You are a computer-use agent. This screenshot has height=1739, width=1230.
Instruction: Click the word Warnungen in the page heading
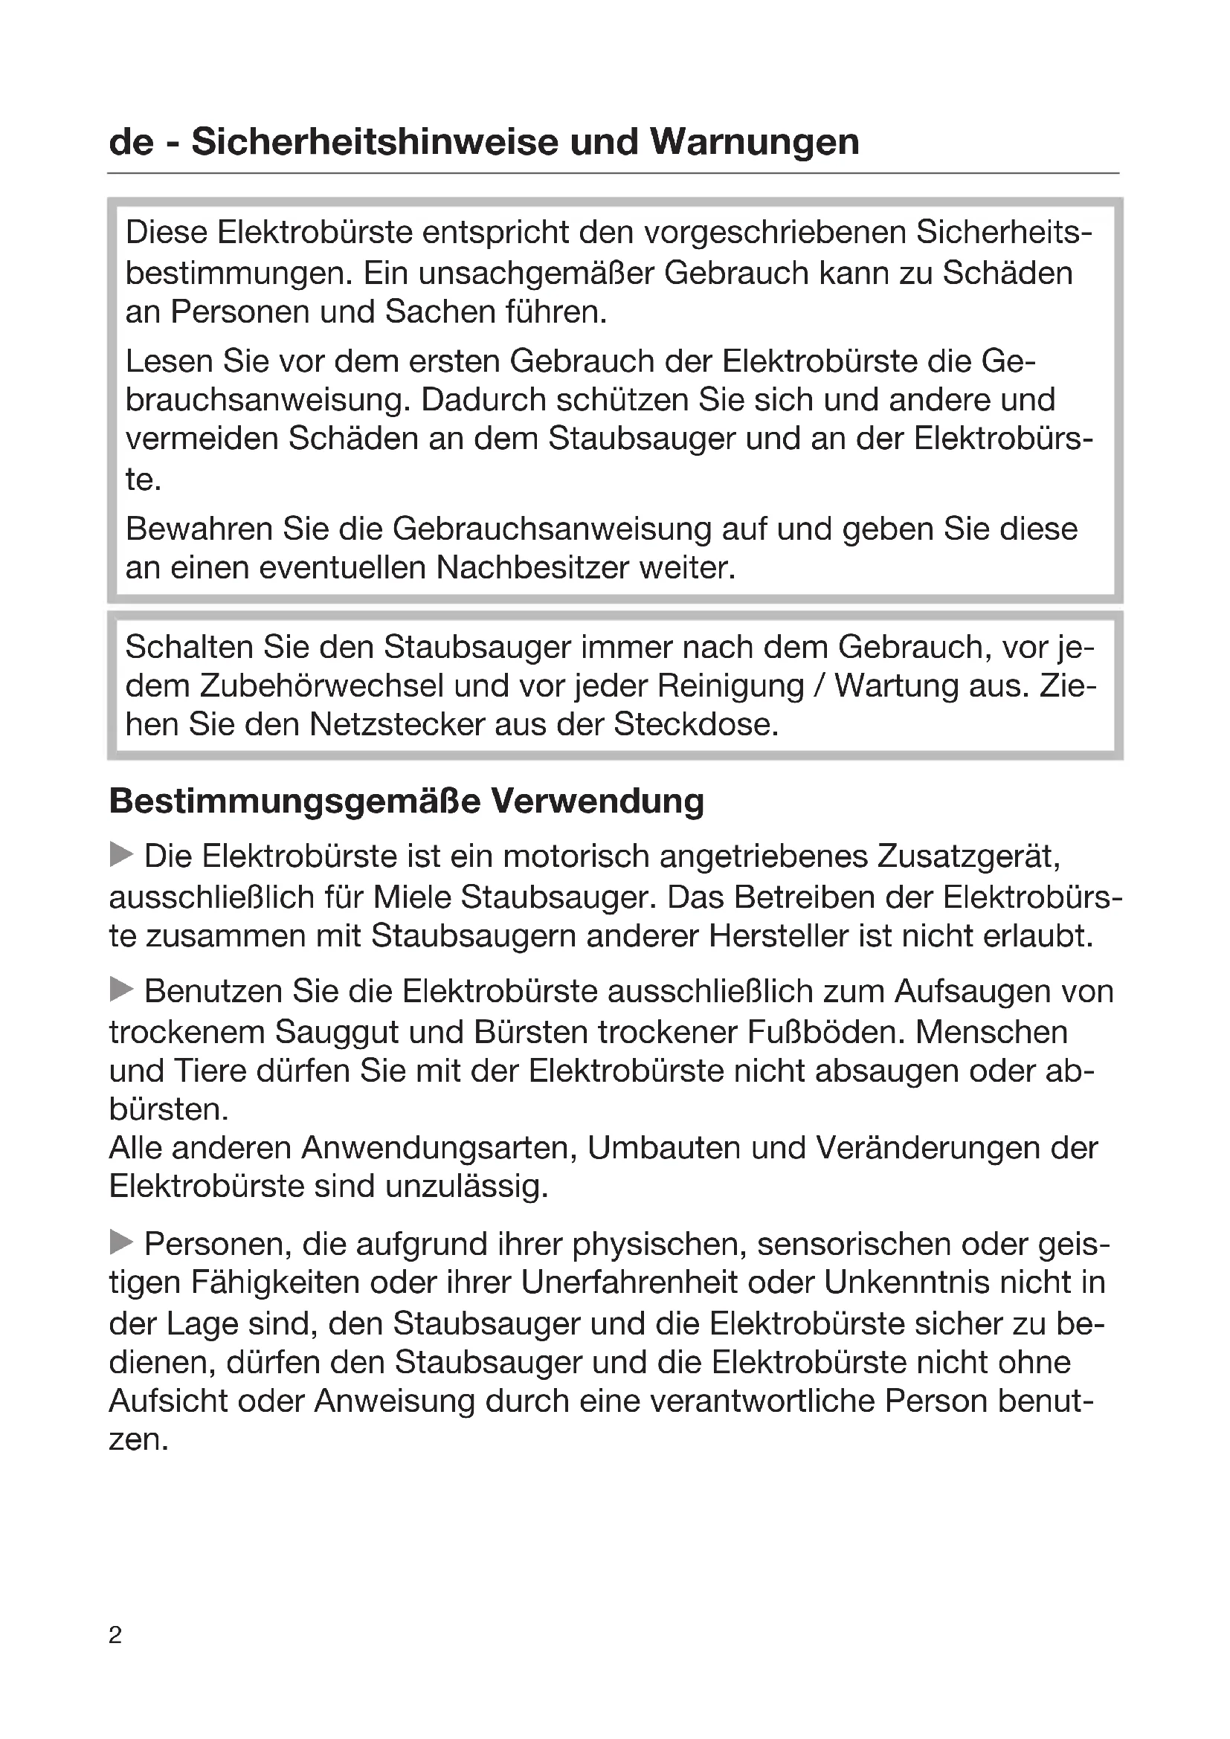pyautogui.click(x=754, y=143)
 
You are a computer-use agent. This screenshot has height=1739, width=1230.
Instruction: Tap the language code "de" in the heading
pyautogui.click(x=130, y=143)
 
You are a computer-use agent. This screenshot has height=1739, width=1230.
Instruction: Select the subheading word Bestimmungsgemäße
pyautogui.click(x=294, y=801)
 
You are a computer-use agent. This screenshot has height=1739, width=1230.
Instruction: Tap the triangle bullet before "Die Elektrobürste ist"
pyautogui.click(x=121, y=856)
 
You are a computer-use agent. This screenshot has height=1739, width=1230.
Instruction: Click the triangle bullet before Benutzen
pyautogui.click(x=121, y=990)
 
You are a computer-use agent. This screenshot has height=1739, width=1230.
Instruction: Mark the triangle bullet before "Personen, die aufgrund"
pyautogui.click(x=121, y=1243)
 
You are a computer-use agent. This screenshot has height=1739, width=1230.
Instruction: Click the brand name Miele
pyautogui.click(x=413, y=897)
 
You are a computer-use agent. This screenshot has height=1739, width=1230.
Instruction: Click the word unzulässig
pyautogui.click(x=466, y=1187)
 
